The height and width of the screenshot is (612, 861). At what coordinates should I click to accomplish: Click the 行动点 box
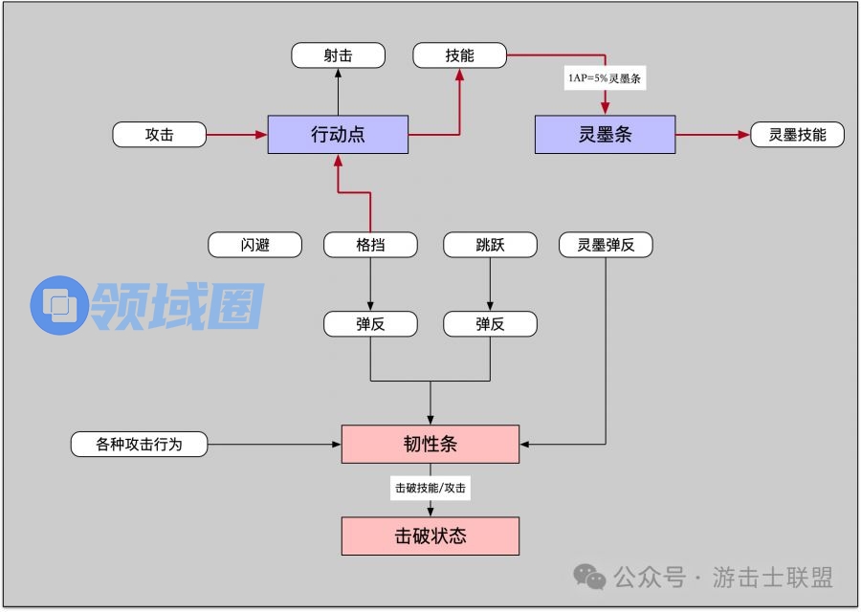pos(338,135)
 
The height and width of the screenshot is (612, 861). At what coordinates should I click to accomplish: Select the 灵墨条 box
pos(605,135)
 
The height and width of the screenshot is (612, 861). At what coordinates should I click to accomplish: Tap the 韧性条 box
pos(430,444)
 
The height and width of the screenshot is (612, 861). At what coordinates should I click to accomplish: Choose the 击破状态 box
pos(430,535)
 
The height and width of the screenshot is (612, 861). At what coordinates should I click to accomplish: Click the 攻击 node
pos(160,135)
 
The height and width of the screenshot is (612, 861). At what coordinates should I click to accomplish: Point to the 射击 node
pos(338,55)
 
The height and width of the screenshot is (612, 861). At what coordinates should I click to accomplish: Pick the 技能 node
pos(459,55)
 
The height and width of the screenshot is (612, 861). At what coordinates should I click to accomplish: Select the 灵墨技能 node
pos(797,135)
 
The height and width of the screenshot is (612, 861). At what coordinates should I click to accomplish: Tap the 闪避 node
pos(255,245)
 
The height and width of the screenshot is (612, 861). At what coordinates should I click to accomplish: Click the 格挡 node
pos(370,245)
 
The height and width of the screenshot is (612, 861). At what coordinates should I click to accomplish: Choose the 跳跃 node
pos(490,245)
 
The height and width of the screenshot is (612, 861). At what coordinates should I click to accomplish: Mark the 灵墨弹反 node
pos(606,245)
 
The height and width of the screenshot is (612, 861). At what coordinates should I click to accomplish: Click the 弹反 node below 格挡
pos(370,324)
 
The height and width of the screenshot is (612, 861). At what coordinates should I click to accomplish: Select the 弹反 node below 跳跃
pos(490,324)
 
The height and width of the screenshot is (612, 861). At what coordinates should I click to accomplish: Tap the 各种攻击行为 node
pos(139,444)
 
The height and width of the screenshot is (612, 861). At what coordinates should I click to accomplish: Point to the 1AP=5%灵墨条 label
pos(605,78)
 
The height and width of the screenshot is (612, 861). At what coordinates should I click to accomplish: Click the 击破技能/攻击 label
pos(430,488)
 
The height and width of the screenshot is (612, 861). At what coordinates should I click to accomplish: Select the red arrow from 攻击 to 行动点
pos(236,135)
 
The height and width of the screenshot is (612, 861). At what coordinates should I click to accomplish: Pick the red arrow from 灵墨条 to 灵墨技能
pos(713,135)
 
